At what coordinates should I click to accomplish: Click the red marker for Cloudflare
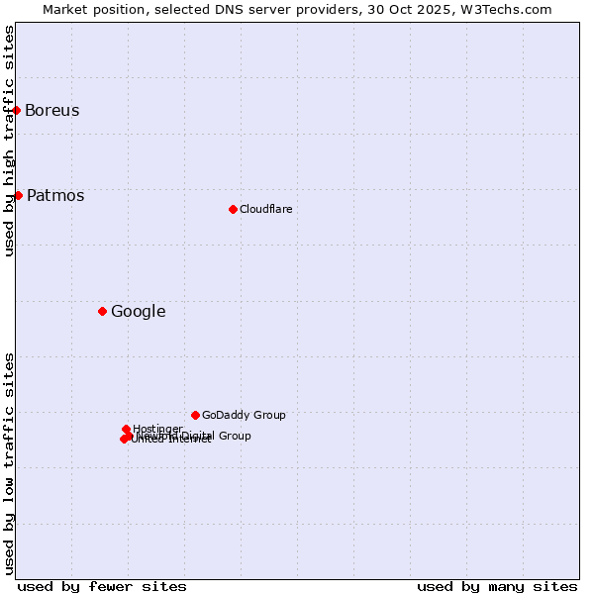coord(233,209)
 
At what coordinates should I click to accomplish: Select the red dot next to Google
coord(102,311)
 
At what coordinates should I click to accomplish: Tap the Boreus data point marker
coord(17,110)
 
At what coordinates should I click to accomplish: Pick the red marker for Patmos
coord(18,195)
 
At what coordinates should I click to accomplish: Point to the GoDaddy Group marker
coord(195,415)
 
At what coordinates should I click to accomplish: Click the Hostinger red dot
coord(126,429)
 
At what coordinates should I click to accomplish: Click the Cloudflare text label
coord(265,209)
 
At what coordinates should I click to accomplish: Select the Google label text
coord(138,311)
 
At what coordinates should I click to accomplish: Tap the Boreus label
coord(51,110)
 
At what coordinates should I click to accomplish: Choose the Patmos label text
coord(55,195)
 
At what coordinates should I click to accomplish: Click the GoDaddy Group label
coord(244,415)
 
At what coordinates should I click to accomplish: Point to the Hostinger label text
coord(157,429)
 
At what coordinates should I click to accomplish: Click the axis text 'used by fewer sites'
coord(102,586)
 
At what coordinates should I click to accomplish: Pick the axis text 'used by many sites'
coord(497,586)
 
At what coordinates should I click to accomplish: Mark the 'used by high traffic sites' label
coord(9,141)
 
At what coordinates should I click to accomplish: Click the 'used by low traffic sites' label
coord(9,462)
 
